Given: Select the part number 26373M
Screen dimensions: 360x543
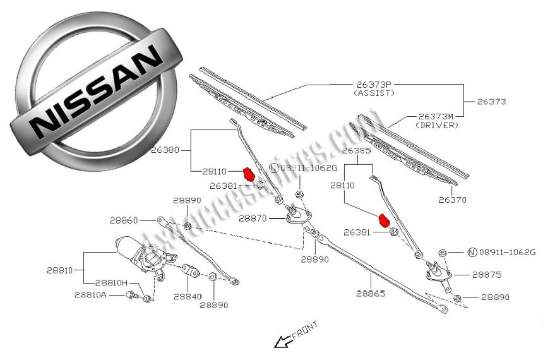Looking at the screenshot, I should point(436,116).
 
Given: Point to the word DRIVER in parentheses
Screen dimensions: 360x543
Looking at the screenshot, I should point(436,126).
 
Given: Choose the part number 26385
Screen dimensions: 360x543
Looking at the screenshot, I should point(355,152).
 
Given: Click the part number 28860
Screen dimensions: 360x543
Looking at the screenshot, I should point(123,220).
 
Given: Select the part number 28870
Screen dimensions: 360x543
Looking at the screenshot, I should point(254,218).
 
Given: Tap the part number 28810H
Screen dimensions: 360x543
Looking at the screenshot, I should point(112,283).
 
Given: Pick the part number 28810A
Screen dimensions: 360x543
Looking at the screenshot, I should point(90,294).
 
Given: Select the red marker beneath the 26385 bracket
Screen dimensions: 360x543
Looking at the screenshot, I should point(383,220).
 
